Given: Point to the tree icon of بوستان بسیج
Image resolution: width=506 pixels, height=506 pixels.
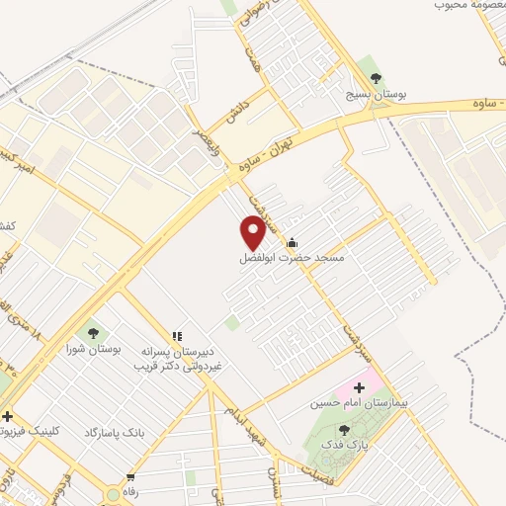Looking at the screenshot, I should tap(374, 76).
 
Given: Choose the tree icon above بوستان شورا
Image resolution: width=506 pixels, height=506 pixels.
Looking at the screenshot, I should tap(92, 333).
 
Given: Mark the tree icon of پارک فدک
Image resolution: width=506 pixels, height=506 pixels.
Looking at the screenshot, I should tap(343, 430).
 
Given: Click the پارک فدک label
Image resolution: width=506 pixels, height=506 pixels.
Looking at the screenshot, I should tap(341, 445).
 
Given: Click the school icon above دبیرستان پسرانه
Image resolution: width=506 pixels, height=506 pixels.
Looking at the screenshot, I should tap(178, 337).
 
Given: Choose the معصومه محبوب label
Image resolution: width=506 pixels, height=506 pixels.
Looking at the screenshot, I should tap(469, 6).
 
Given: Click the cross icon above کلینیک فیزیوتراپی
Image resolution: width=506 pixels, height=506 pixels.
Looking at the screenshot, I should tap(7, 416).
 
